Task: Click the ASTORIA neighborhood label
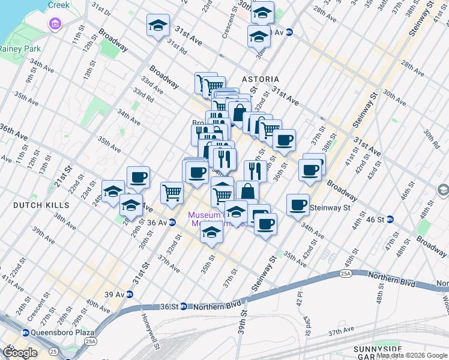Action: [x=261, y=79]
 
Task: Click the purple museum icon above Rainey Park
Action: [x=55, y=24]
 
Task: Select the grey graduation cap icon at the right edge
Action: [x=443, y=190]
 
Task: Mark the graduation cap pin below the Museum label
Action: [x=211, y=233]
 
